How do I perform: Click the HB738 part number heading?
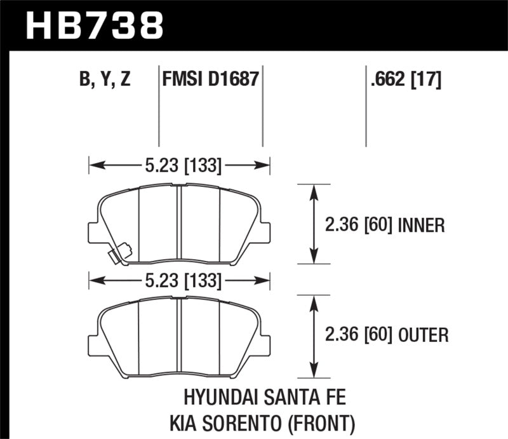95,25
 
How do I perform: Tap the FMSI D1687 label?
210,79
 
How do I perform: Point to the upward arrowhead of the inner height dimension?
312,190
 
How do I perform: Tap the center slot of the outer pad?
179,336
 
